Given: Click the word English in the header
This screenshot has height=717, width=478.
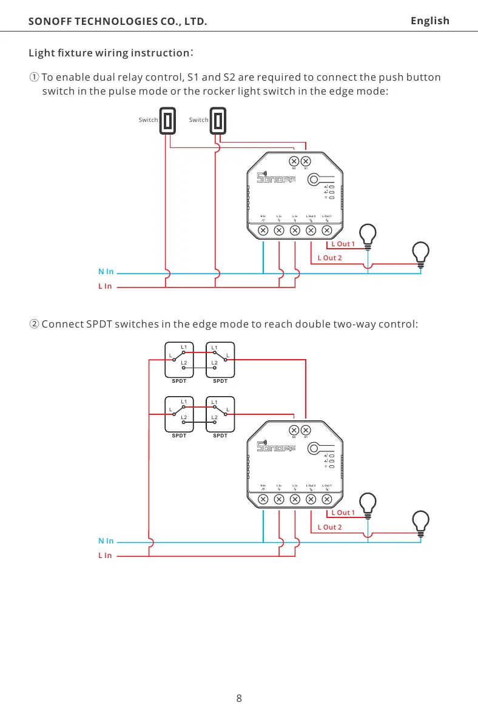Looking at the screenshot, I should [429, 21].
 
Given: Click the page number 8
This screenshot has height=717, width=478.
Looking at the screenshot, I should [239, 698].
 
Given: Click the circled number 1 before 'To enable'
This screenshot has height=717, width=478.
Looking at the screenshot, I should [35, 78].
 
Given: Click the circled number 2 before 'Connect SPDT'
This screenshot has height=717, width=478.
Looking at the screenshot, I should [35, 323].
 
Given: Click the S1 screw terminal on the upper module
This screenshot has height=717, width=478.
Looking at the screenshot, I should [306, 161].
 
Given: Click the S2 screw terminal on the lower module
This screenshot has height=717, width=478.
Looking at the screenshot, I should [293, 430].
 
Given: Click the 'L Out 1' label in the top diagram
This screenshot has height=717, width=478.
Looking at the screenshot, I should [343, 244].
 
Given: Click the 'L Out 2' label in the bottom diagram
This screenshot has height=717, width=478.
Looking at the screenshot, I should [330, 527].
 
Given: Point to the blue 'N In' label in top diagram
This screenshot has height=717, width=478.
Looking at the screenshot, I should [106, 274].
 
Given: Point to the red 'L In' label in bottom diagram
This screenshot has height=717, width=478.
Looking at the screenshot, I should [105, 555].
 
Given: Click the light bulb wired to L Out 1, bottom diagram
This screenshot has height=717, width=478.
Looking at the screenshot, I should [368, 503].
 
